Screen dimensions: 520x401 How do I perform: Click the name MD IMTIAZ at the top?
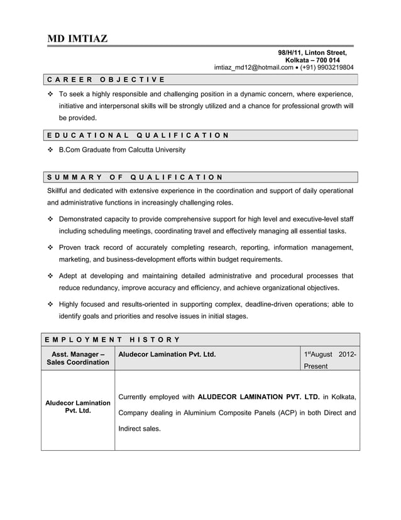click(x=77, y=39)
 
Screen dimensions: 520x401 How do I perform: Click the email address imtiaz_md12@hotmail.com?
click(x=254, y=67)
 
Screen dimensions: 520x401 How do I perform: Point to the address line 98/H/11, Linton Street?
click(x=312, y=53)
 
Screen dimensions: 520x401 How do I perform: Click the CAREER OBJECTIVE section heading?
click(x=106, y=79)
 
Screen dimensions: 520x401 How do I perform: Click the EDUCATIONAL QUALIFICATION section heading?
click(x=137, y=135)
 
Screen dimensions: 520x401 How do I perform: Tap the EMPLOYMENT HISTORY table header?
click(x=113, y=340)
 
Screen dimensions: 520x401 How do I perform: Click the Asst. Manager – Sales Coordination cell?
click(x=77, y=358)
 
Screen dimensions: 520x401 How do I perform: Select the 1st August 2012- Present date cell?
click(x=330, y=359)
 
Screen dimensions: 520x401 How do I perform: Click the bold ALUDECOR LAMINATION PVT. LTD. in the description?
click(x=258, y=397)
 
